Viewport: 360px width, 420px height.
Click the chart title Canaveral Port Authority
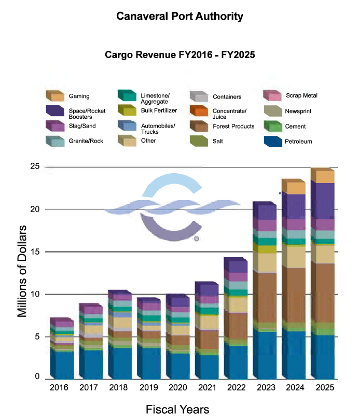[x=179, y=17]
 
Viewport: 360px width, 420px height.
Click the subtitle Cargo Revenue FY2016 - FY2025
[x=179, y=54]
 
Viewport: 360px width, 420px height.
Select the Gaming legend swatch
[x=55, y=95]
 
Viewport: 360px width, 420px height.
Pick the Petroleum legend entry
[x=298, y=141]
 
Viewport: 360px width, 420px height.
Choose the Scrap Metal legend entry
[x=301, y=95]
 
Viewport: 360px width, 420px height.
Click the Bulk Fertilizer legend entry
[x=159, y=110]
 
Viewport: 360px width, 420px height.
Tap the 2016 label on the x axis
[x=60, y=388]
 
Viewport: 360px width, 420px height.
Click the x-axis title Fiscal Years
[x=177, y=409]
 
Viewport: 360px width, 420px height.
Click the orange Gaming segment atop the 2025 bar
[x=322, y=177]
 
